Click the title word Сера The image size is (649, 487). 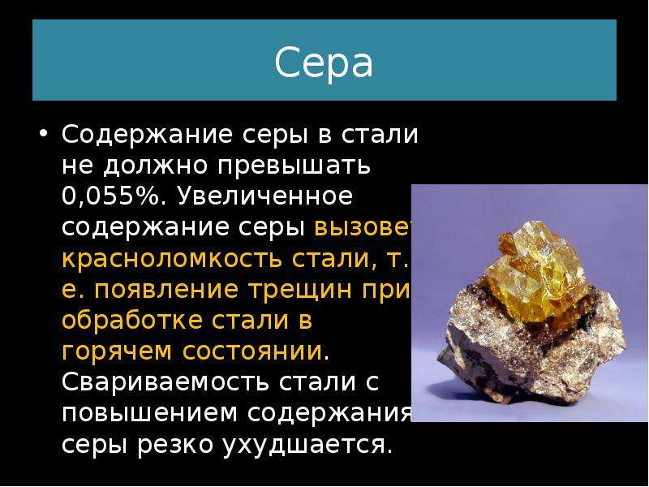coord(323,62)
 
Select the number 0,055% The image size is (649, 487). coord(110,196)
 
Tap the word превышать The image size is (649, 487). coord(294,166)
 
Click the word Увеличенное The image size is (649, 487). coord(265,196)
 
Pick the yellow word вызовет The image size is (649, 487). coord(363,227)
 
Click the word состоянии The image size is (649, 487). coord(252,352)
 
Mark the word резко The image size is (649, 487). coord(174,445)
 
